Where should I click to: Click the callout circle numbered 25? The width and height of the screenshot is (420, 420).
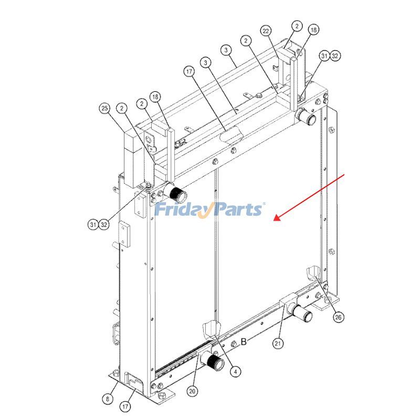pos(104,109)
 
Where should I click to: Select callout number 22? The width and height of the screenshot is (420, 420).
pos(266,31)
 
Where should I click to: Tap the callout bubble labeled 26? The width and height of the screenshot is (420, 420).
pos(339,317)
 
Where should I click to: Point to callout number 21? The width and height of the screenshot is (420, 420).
pos(278,343)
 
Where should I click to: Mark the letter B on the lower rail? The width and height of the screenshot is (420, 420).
pos(244,342)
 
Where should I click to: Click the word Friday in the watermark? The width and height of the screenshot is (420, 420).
pos(182,209)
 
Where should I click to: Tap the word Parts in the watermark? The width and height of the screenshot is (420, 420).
pos(236,209)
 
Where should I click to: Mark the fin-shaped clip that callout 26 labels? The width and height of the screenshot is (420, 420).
pos(313,274)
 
